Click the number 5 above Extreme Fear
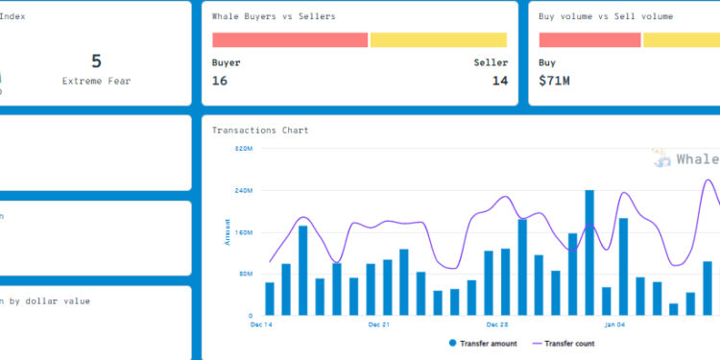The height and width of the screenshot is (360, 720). (96, 61)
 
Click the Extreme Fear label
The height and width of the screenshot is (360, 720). (96, 82)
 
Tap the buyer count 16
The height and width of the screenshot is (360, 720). (220, 82)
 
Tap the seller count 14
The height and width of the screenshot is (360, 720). (500, 82)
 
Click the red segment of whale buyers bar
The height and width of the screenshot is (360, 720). (289, 40)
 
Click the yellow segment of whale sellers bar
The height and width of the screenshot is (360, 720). (439, 40)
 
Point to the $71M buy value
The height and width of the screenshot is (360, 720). (554, 82)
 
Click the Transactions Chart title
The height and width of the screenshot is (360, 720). (260, 130)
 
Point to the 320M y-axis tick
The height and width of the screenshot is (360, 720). (243, 149)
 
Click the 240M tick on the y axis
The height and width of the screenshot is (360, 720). (243, 190)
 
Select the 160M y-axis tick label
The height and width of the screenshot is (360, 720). (243, 232)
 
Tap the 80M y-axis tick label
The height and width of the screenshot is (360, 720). (244, 274)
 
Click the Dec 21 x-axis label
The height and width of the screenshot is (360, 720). (378, 325)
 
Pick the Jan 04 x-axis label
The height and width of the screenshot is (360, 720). (614, 325)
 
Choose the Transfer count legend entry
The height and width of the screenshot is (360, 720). (570, 343)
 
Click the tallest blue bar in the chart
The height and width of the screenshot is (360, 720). (589, 252)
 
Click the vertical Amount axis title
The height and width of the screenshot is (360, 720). (228, 231)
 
